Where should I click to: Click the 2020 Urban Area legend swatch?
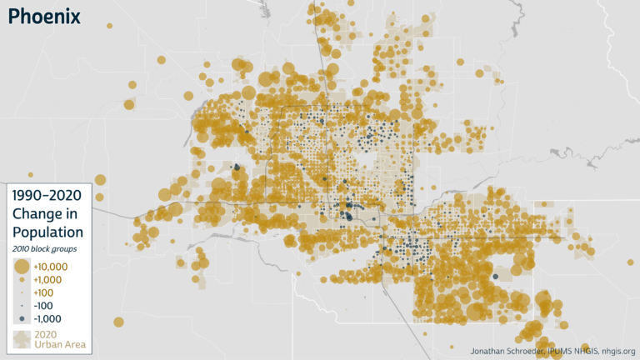pyautogui.click(x=21, y=339)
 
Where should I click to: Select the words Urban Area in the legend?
pyautogui.click(x=60, y=345)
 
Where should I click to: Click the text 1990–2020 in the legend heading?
pyautogui.click(x=47, y=196)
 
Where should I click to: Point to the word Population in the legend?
pyautogui.click(x=47, y=232)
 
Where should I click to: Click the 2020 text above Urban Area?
pyautogui.click(x=46, y=334)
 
